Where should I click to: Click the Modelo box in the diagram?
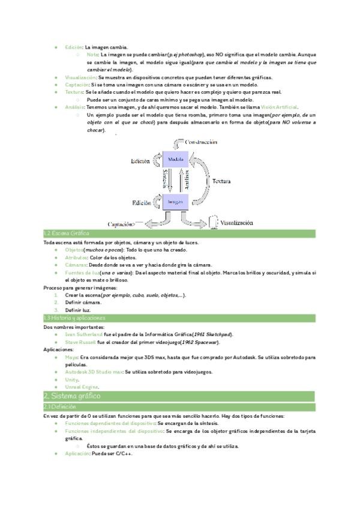tap(176, 160)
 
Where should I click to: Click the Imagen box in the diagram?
tap(176, 201)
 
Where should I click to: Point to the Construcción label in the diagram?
tap(200, 142)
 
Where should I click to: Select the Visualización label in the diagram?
tap(236, 222)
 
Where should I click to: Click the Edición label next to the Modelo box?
tap(140, 161)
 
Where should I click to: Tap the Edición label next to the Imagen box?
tap(142, 203)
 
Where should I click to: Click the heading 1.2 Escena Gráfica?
tap(67, 233)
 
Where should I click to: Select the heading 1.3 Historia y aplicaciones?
tap(74, 318)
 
